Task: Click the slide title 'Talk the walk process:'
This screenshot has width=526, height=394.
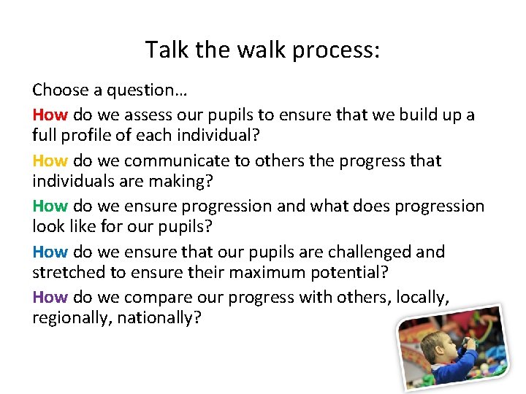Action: point(262,50)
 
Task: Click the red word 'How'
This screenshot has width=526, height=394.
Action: point(50,115)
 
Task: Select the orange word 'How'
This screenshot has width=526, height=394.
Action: point(50,161)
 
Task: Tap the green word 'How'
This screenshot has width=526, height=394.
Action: point(50,206)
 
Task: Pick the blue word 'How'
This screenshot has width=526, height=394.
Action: point(50,252)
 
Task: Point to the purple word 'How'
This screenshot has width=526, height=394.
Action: point(50,298)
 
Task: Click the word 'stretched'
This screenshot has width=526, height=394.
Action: point(68,274)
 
